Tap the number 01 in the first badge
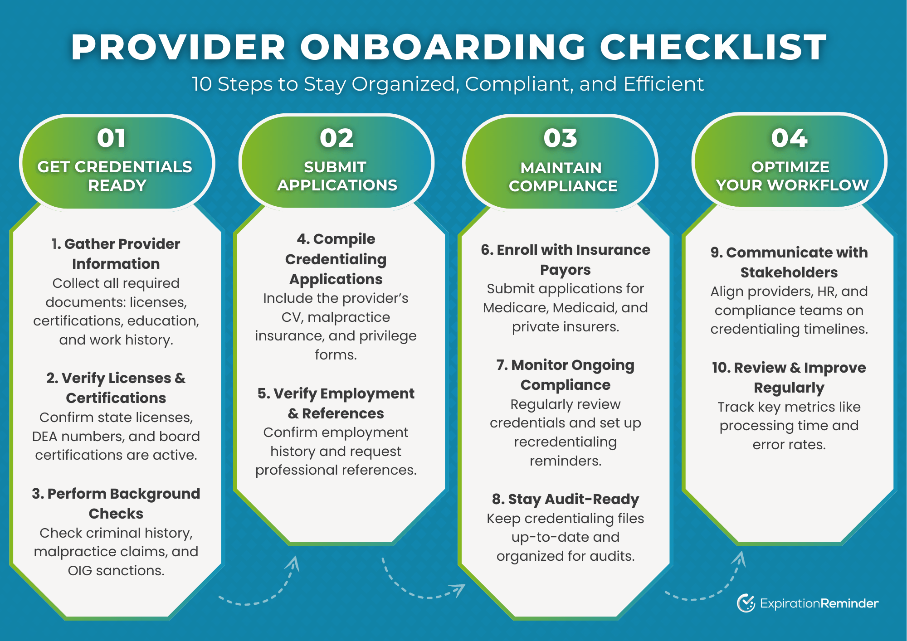(111, 138)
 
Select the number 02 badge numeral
(336, 138)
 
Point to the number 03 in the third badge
(561, 138)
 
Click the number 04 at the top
(789, 138)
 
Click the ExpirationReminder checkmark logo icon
(746, 603)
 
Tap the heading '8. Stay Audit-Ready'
(566, 499)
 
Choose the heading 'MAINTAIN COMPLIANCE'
(562, 177)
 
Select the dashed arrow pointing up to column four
(707, 585)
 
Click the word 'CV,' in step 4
(293, 317)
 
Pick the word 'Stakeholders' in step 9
(789, 272)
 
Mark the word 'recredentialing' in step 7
(565, 442)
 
